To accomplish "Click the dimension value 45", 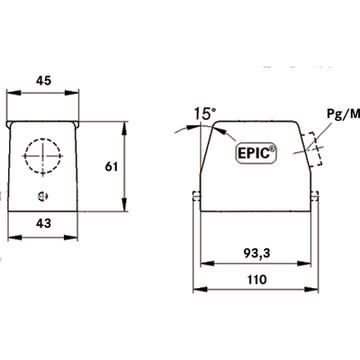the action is [x=44, y=80].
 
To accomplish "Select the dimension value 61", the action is [x=111, y=167].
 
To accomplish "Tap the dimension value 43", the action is [x=44, y=223].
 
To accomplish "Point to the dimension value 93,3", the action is [x=256, y=254].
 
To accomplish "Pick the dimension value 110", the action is [x=257, y=279].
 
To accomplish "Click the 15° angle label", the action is [x=205, y=114].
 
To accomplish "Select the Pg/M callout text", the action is [x=343, y=114].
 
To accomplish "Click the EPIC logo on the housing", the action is [x=256, y=152].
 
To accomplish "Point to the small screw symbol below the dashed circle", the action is [x=43, y=196].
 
